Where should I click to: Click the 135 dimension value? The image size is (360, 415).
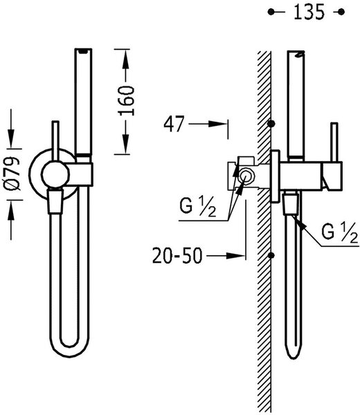tap(309, 12)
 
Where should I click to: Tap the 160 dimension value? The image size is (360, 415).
tap(127, 101)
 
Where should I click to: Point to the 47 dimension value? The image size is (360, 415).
tap(174, 124)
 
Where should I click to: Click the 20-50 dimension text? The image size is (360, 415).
tap(177, 256)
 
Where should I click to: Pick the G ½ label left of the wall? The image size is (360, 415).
tap(197, 207)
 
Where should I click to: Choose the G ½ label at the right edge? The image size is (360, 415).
tap(340, 233)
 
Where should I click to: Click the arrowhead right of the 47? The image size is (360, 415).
tap(218, 124)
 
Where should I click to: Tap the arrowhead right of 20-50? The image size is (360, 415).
tap(236, 256)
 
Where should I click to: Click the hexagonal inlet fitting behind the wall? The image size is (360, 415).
tap(246, 176)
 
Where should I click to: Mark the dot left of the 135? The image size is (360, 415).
tap(271, 12)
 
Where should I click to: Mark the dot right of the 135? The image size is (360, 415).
tap(341, 12)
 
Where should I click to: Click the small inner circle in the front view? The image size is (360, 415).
tap(55, 174)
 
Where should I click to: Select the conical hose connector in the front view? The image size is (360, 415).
tap(55, 201)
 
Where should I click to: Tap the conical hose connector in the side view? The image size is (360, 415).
tap(291, 205)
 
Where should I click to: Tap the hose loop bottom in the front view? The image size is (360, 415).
tap(69, 350)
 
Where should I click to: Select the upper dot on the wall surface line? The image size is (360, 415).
tap(271, 124)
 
